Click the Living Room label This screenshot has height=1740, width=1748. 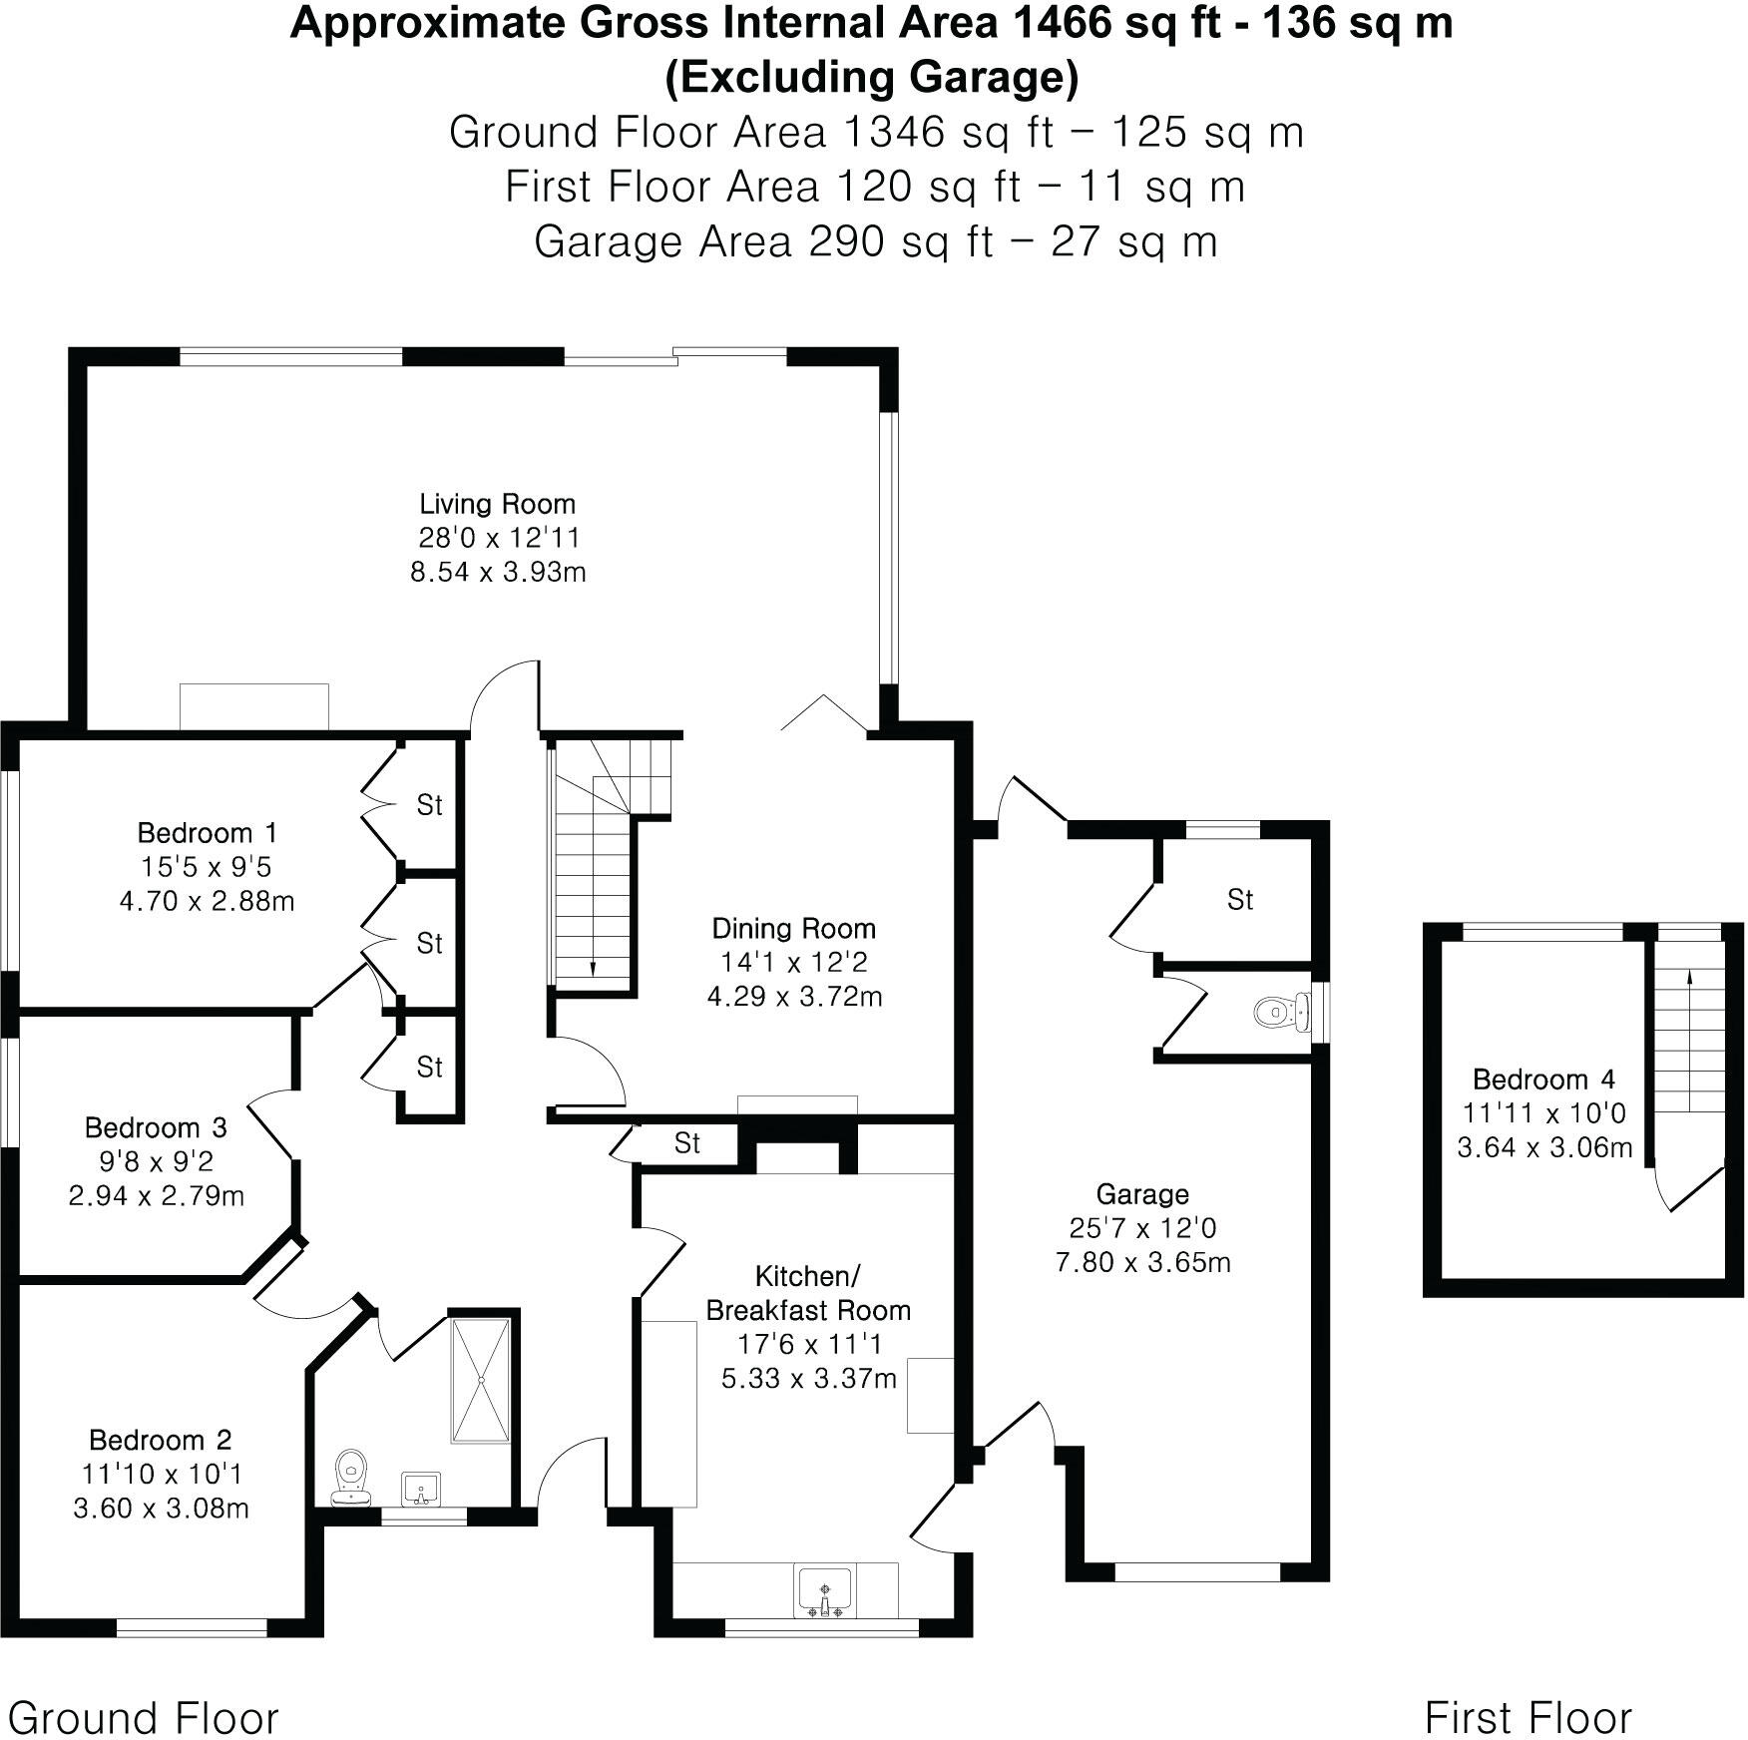tap(497, 504)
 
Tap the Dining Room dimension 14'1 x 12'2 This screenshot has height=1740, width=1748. tap(793, 963)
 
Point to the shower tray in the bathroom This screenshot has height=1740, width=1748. tap(481, 1380)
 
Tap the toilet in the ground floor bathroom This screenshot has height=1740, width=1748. tap(350, 1477)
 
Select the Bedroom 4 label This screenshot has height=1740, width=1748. tap(1542, 1080)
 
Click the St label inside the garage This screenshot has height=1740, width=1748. tap(1239, 900)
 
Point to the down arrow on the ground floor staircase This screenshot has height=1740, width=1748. tap(593, 966)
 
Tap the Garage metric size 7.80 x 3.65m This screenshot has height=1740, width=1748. tap(1142, 1262)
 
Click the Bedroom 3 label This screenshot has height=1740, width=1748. tap(156, 1127)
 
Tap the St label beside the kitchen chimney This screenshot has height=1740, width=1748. tap(686, 1143)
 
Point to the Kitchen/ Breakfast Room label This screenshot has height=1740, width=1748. tap(808, 1293)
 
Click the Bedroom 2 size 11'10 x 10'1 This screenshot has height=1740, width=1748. tap(161, 1474)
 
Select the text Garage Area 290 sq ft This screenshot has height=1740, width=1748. tap(763, 242)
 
